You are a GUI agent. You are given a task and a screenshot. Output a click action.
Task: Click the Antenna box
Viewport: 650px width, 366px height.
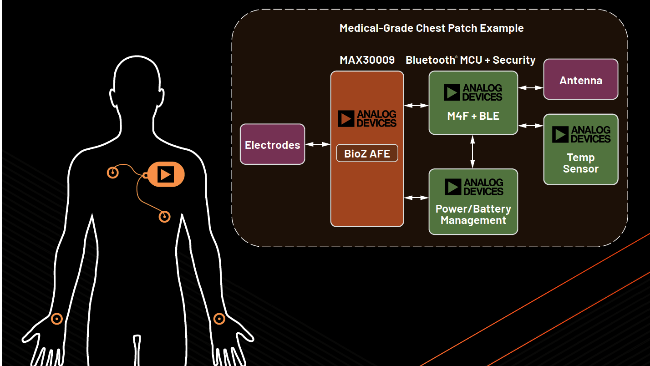coord(581,80)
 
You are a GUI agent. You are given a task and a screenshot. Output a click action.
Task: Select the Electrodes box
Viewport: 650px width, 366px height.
coord(272,145)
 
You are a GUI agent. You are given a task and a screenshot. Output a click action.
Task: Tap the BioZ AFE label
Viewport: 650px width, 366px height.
coord(367,153)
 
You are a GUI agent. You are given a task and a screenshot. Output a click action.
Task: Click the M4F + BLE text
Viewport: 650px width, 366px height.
coord(473,116)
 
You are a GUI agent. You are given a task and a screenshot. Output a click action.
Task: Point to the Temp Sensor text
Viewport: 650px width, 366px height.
coord(580,163)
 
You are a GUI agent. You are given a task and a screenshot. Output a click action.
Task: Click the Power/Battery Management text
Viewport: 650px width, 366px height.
coord(473,214)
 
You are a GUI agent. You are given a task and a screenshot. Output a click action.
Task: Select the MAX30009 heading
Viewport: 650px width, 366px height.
coord(367,60)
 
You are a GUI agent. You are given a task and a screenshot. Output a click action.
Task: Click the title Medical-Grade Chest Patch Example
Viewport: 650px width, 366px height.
coord(432,28)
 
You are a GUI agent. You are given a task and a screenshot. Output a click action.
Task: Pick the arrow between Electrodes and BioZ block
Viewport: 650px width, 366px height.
coord(317,144)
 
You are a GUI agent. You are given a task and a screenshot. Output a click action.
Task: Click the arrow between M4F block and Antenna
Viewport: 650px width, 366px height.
coord(530,87)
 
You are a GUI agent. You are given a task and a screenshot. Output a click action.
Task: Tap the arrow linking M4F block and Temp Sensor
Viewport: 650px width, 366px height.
coord(530,125)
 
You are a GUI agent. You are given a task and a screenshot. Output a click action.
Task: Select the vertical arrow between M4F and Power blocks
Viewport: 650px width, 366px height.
coord(472,152)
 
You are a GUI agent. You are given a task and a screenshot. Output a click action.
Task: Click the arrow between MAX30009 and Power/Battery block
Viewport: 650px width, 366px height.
coord(416,198)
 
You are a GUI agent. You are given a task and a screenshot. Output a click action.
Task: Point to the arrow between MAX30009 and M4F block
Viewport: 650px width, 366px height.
coord(416,105)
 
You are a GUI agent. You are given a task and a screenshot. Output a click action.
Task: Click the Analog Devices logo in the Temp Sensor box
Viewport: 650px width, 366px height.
coord(581,135)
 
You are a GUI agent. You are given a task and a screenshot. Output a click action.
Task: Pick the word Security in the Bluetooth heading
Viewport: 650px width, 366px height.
coord(514,60)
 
